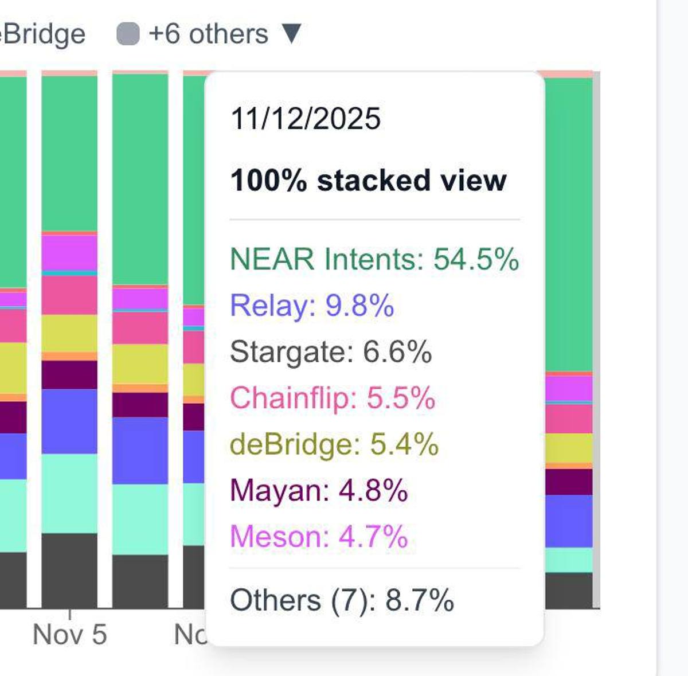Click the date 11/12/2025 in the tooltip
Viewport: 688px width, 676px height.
[305, 119]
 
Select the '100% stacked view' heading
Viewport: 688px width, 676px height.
[368, 180]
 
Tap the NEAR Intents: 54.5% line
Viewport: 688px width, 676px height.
[374, 259]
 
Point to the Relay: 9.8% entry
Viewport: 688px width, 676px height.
[312, 305]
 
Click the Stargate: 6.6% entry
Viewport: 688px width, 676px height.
[330, 351]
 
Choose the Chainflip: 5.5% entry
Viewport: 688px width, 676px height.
[333, 397]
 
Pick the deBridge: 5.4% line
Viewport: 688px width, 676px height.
[334, 444]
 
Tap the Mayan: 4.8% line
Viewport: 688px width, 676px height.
[319, 491]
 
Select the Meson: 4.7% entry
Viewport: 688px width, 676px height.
[319, 537]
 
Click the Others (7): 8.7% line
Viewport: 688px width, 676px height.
[342, 600]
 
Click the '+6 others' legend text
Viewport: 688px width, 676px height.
[208, 34]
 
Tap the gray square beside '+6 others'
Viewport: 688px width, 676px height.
[128, 34]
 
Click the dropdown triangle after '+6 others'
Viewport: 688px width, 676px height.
[291, 33]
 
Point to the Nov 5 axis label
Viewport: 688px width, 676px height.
[70, 634]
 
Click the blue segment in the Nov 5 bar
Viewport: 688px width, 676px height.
[69, 421]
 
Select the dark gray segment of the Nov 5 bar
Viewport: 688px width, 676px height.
[69, 570]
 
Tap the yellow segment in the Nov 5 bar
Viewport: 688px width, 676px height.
[69, 333]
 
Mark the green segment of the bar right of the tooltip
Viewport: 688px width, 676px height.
[568, 224]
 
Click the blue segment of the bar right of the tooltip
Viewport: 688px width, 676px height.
[568, 521]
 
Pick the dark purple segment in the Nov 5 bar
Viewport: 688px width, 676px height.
[69, 374]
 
